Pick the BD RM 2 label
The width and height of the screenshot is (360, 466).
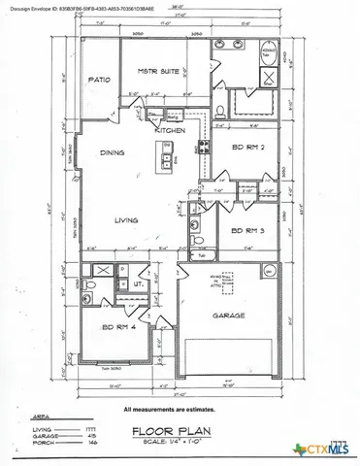[248, 147]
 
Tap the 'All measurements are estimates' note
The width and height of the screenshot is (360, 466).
[180, 408]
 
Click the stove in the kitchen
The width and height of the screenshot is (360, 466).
[204, 150]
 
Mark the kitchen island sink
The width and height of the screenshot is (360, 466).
[167, 159]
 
